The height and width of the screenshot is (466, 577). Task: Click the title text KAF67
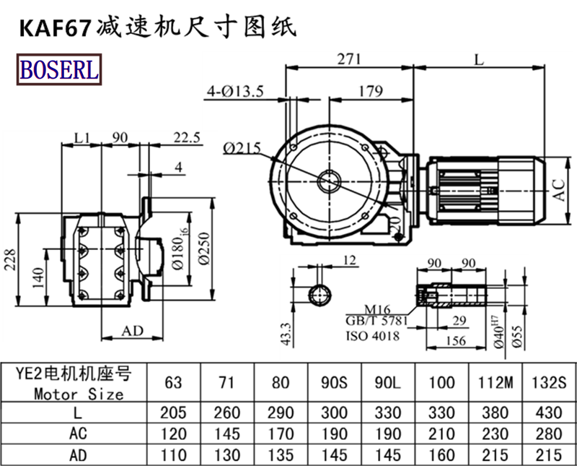pos(53,27)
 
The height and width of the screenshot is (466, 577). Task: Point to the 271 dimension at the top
pos(349,59)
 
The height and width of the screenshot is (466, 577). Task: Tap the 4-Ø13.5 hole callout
pos(235,91)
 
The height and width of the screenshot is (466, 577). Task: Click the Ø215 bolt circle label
pos(242,148)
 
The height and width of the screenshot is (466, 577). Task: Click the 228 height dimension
pos(10,256)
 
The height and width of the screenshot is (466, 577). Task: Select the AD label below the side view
pos(132,331)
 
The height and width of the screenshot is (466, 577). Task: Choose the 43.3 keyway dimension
pos(286,332)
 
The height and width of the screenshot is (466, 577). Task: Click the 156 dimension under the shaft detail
pos(454,342)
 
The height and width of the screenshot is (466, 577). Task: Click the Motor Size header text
pos(79,394)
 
